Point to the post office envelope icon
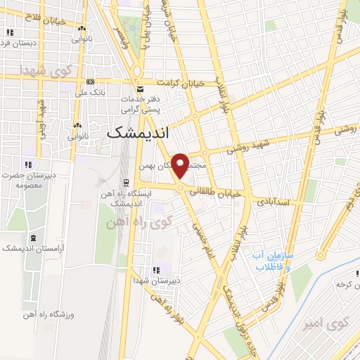click(x=141, y=89)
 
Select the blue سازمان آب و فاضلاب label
click(x=278, y=262)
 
